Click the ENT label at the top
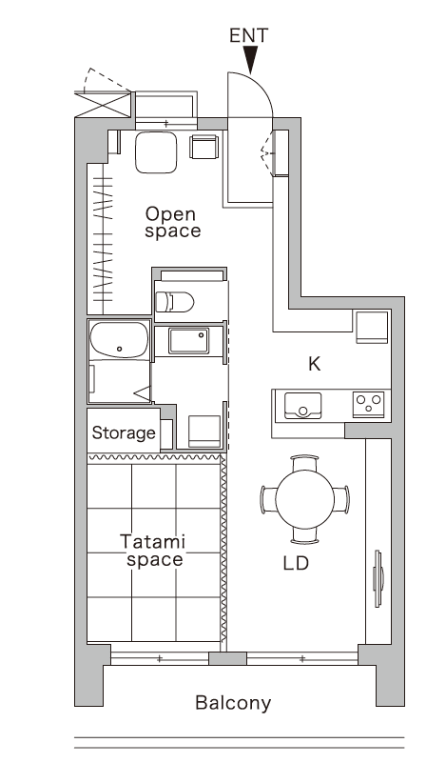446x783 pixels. [249, 35]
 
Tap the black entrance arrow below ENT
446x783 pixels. [250, 61]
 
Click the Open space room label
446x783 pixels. [172, 222]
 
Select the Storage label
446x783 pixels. [124, 433]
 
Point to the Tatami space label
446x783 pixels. [154, 551]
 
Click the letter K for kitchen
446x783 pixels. [314, 363]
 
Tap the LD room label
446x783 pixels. [296, 563]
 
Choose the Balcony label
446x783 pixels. [233, 704]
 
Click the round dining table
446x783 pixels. [304, 497]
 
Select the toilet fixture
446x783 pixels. [174, 302]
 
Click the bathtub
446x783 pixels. [119, 340]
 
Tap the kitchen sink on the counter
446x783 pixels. [298, 406]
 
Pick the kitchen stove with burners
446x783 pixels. [368, 405]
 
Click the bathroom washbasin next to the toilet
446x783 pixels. [188, 340]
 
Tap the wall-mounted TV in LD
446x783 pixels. [378, 579]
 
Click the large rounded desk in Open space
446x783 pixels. [156, 152]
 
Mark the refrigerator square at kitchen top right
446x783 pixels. [371, 327]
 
